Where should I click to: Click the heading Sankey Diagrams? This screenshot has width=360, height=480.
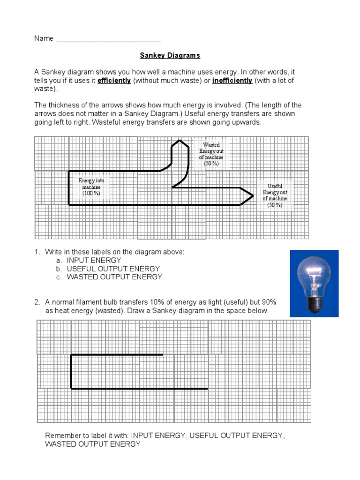click(170, 55)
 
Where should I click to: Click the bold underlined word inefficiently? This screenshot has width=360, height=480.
click(232, 81)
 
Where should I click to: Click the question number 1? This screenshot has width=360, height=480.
click(37, 252)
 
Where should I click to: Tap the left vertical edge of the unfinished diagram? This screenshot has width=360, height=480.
click(71, 372)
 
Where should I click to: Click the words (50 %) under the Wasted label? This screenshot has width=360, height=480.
click(211, 164)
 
